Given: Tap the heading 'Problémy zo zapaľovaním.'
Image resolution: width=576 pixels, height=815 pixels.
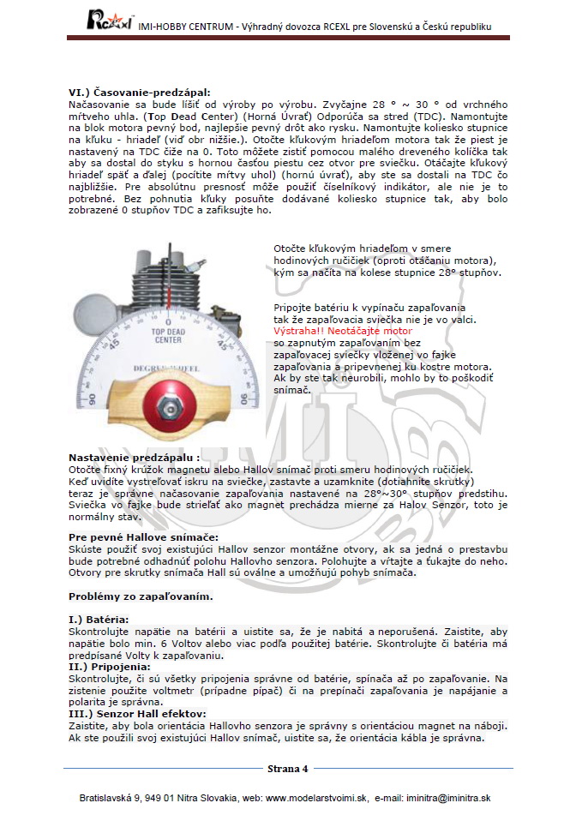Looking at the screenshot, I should pyautogui.click(x=141, y=596).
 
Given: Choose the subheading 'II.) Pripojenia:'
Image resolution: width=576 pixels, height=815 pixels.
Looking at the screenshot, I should pyautogui.click(x=110, y=666).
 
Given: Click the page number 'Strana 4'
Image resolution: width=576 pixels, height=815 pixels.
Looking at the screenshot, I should pyautogui.click(x=287, y=768).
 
